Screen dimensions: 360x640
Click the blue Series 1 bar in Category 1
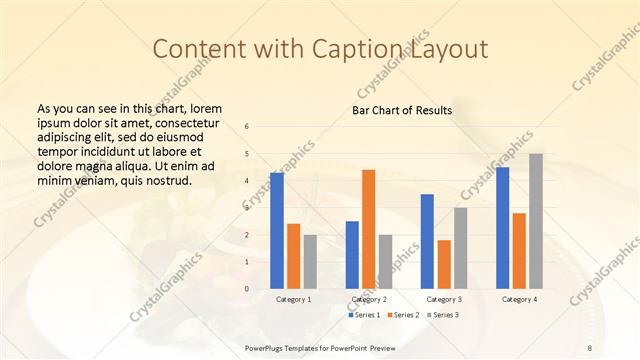click(x=277, y=231)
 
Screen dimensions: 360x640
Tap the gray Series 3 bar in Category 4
click(x=536, y=221)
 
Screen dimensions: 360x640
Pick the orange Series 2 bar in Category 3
click(x=444, y=264)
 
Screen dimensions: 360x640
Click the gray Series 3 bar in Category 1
click(x=310, y=262)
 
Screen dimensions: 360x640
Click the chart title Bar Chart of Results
click(x=402, y=110)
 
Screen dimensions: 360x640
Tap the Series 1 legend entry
click(x=364, y=315)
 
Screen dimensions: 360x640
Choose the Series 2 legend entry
click(x=402, y=315)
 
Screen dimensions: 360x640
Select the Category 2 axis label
click(x=368, y=299)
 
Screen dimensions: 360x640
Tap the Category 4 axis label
click(x=518, y=299)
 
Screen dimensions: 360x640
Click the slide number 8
click(x=590, y=346)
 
